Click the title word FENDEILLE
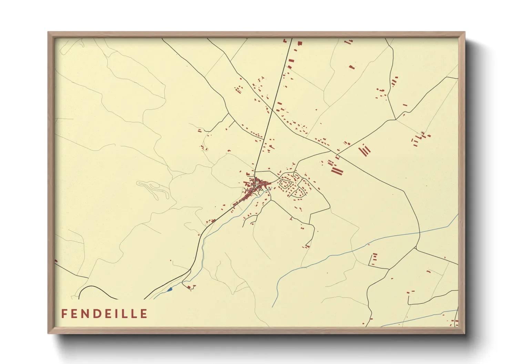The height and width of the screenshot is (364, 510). [104, 314]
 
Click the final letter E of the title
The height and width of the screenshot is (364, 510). [144, 314]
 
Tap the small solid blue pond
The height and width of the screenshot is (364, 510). [169, 290]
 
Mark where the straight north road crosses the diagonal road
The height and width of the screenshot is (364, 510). [272, 110]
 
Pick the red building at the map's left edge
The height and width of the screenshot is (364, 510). [56, 261]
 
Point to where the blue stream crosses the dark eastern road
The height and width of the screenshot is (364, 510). [420, 233]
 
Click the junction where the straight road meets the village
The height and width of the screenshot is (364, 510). [255, 171]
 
